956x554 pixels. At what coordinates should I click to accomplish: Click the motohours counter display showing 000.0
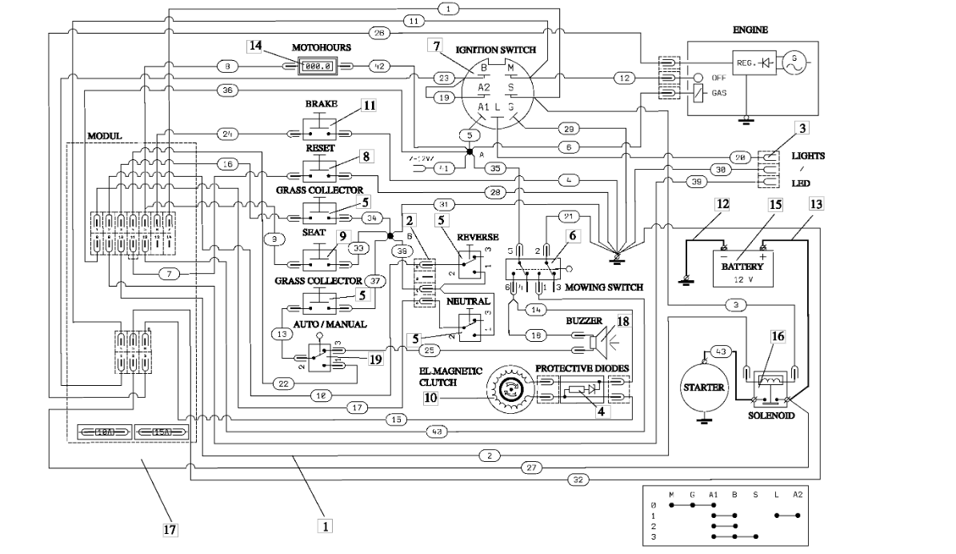click(x=316, y=65)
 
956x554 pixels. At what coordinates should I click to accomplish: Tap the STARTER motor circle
click(x=703, y=387)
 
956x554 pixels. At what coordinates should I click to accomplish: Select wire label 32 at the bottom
click(x=578, y=480)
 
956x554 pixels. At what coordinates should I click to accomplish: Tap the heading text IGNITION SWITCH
click(x=495, y=50)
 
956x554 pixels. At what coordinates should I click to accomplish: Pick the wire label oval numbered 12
click(x=625, y=78)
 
